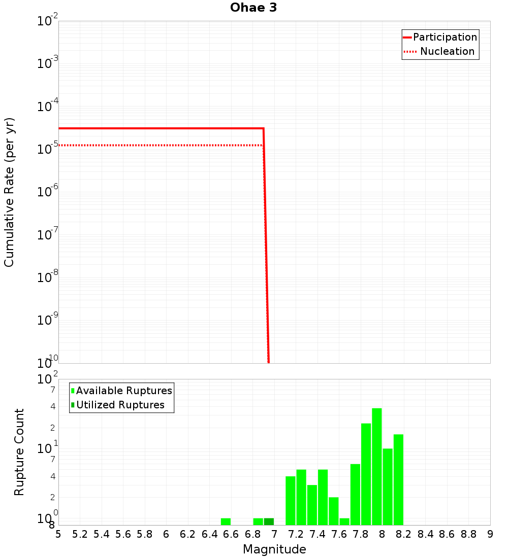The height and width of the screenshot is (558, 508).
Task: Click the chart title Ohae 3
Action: [253, 8]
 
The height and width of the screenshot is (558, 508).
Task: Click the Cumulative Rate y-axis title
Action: [9, 192]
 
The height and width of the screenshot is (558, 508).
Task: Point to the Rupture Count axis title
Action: [19, 452]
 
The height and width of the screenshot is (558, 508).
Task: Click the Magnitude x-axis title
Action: [274, 549]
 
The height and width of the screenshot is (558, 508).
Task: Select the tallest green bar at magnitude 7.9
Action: [376, 466]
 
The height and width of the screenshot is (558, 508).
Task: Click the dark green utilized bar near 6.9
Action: [269, 521]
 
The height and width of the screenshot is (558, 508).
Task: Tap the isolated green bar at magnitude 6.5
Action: [226, 521]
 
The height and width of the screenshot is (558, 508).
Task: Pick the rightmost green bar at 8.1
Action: [398, 479]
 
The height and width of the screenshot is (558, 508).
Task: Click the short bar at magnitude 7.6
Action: [344, 521]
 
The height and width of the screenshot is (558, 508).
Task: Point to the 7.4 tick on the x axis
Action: [317, 534]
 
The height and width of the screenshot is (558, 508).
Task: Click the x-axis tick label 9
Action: [490, 534]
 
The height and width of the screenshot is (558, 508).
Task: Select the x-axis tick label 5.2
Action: [80, 534]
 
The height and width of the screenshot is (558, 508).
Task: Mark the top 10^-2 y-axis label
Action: [48, 21]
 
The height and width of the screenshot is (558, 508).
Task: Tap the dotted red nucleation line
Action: [152, 146]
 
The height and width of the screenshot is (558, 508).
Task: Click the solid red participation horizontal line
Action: [152, 128]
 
